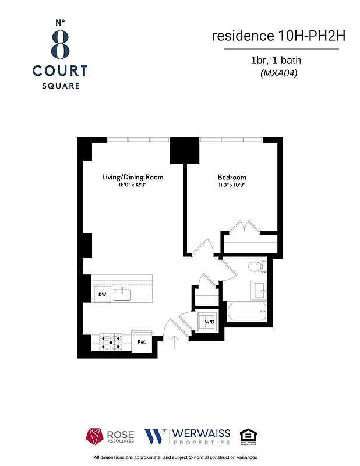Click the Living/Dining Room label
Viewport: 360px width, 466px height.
[132, 177]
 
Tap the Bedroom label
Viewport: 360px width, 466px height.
[232, 177]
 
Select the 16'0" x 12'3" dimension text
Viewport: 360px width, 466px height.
[132, 185]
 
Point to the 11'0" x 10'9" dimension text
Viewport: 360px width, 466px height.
[232, 185]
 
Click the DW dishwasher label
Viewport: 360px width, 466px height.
[102, 295]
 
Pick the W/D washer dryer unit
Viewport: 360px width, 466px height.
[208, 322]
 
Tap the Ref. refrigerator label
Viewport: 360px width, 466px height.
[142, 343]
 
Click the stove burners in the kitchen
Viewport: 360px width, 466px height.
[111, 342]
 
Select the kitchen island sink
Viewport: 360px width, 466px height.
[123, 295]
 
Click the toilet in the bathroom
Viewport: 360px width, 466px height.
[256, 267]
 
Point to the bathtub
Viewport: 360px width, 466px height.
[247, 311]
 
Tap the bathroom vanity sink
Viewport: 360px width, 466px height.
[259, 290]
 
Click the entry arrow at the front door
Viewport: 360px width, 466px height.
[174, 341]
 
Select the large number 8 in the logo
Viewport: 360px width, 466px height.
[59, 44]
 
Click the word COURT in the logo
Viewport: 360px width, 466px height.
[59, 71]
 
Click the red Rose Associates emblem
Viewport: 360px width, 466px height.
[95, 436]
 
